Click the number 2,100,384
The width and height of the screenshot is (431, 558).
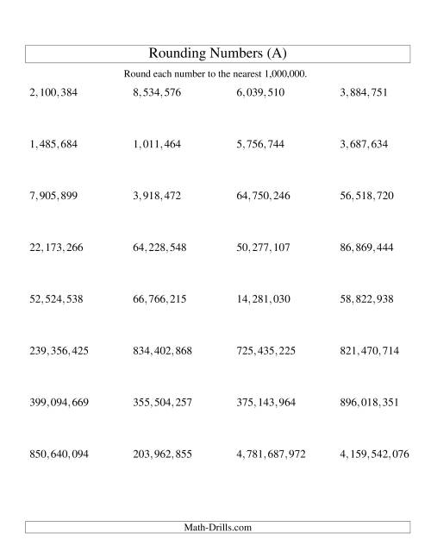point(53,92)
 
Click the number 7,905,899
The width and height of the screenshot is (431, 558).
point(53,196)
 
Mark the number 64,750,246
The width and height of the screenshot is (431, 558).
point(263,196)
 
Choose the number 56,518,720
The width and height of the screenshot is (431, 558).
point(366,196)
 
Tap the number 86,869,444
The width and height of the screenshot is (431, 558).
point(366,248)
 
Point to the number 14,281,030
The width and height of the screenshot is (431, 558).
point(263,299)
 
